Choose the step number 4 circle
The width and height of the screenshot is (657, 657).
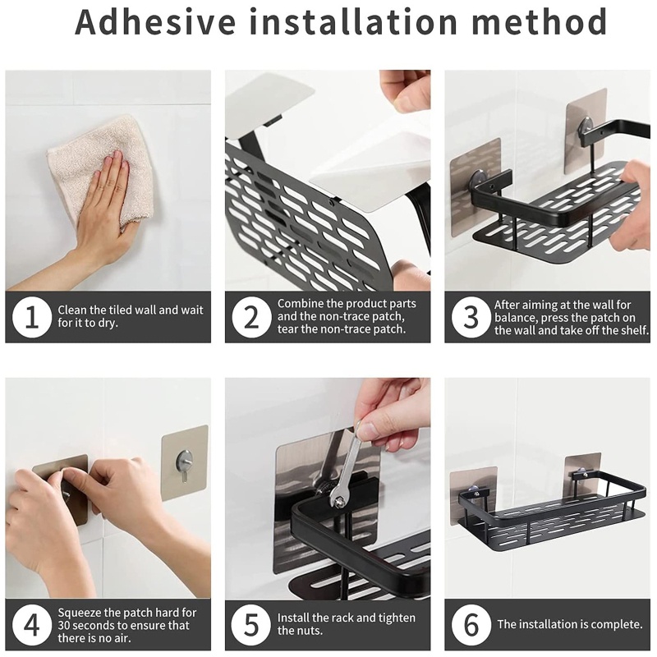pos(31,626)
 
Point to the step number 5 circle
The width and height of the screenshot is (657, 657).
pos(250,626)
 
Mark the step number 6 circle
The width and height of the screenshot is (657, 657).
pos(471,626)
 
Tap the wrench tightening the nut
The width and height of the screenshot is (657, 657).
pos(346,468)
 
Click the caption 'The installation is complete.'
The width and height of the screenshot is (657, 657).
pos(569,625)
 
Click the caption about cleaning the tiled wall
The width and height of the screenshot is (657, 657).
pos(130,317)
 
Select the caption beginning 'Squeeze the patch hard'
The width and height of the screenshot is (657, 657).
pos(130,625)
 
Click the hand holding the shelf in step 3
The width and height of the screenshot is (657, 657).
pos(632,205)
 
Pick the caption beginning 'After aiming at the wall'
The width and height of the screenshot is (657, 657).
pos(571,317)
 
